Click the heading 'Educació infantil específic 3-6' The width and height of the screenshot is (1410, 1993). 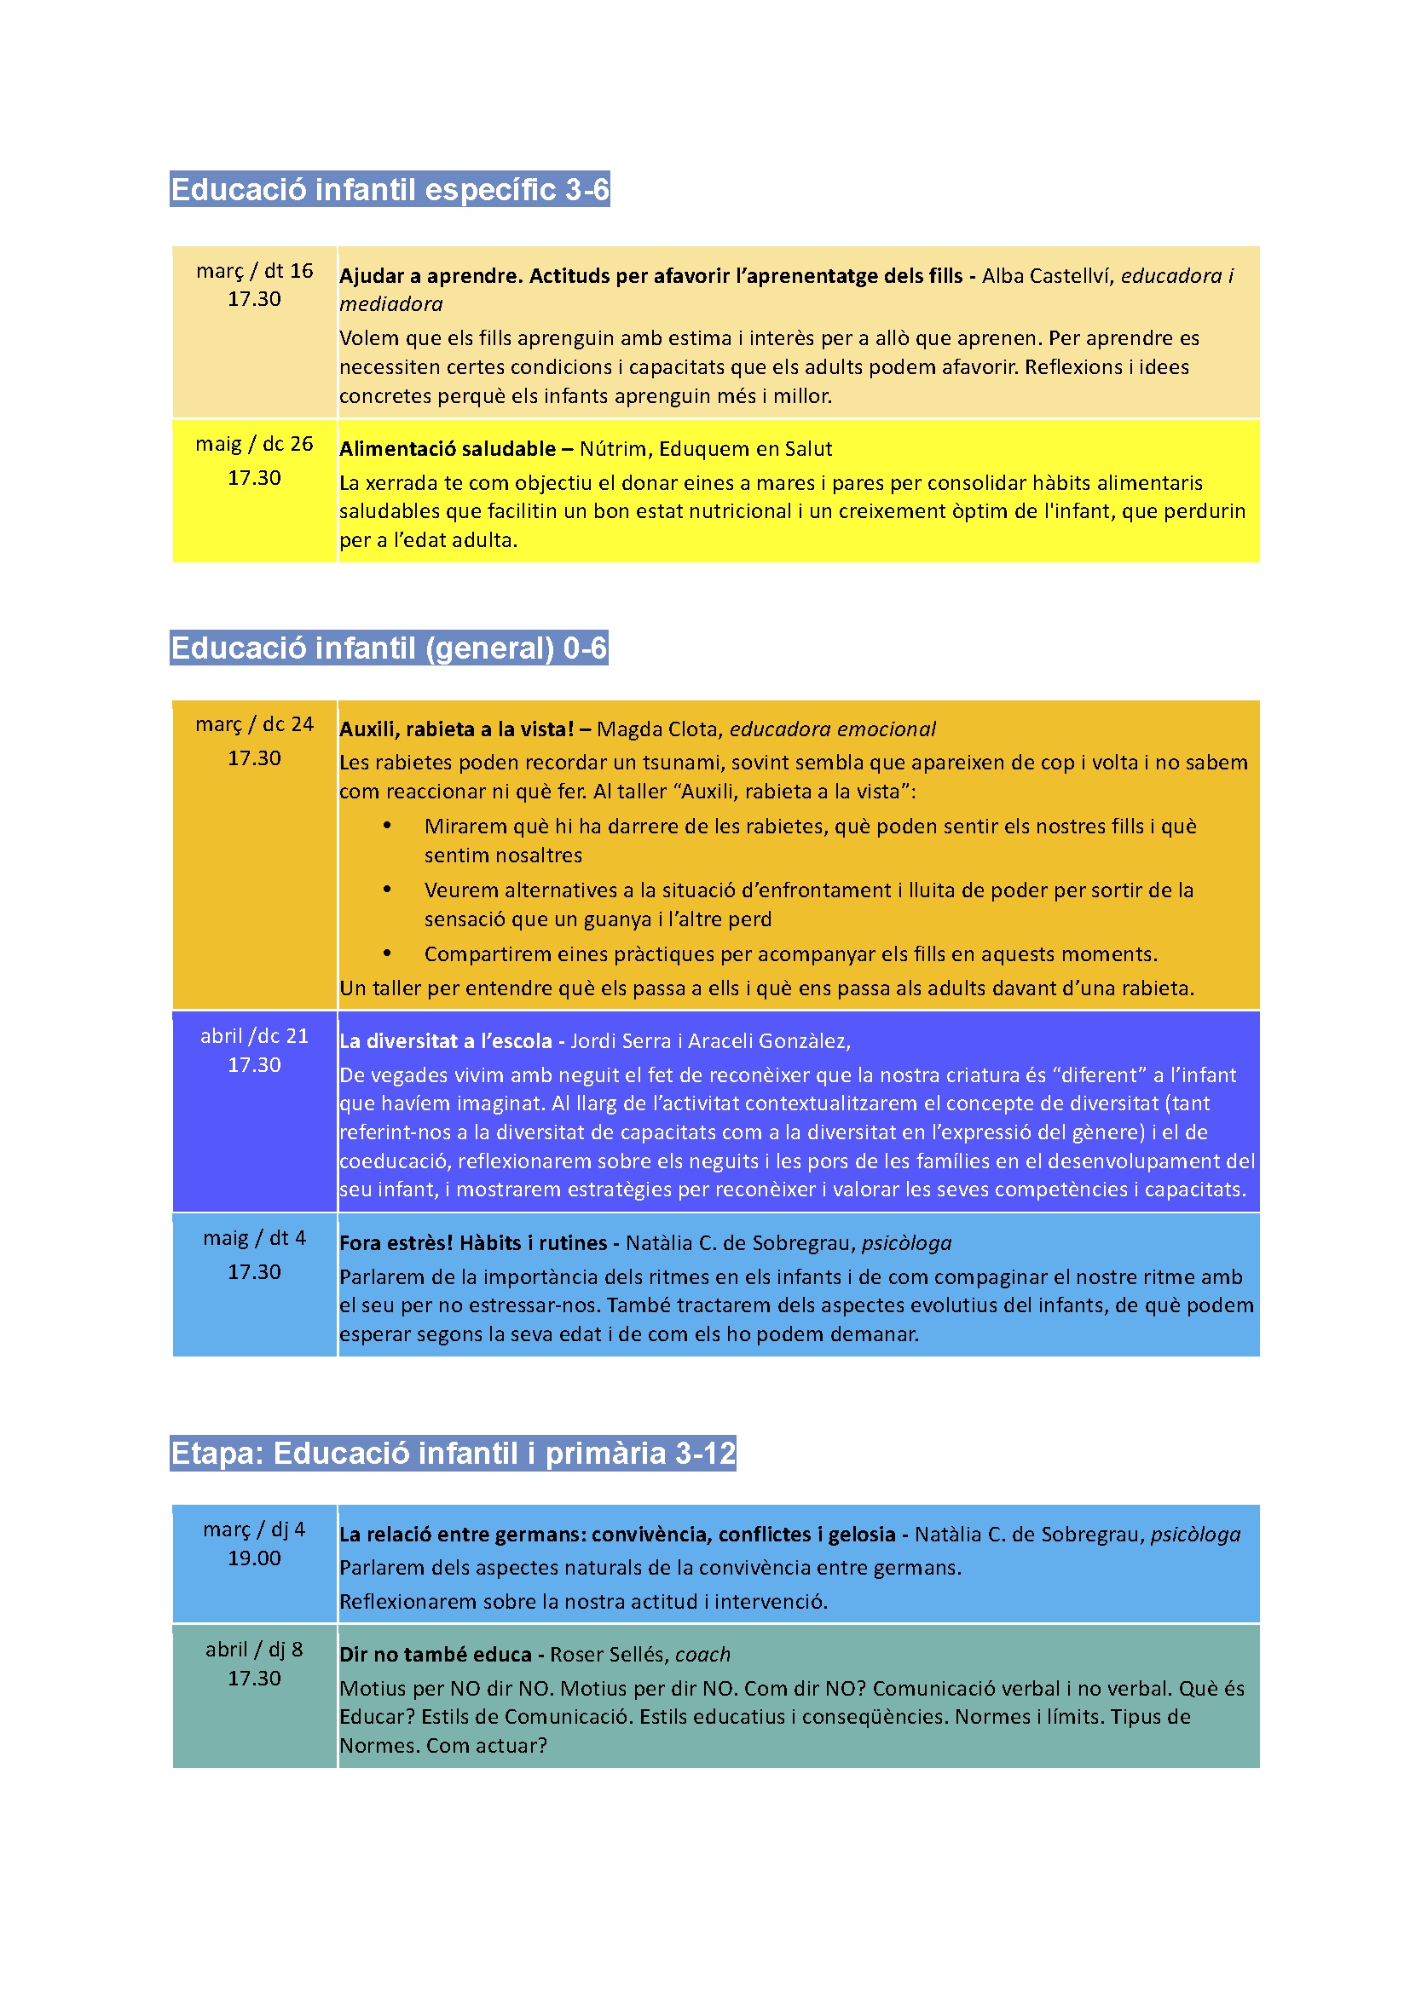point(389,189)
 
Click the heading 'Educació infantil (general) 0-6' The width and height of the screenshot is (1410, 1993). point(388,648)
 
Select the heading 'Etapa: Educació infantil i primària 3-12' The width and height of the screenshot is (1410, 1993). point(453,1452)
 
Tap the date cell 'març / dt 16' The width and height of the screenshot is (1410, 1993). point(254,271)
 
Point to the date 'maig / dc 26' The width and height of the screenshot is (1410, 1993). point(254,444)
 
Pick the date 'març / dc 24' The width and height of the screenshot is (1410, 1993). point(254,724)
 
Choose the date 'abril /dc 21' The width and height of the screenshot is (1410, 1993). point(254,1035)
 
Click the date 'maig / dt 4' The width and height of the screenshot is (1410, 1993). point(254,1238)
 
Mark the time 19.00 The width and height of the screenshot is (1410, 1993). point(254,1558)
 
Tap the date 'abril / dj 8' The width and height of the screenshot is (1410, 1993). point(254,1650)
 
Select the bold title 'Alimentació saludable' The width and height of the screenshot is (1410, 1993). point(448,449)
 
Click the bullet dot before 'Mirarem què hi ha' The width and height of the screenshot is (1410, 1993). point(387,826)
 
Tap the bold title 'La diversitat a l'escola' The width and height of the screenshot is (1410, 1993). point(445,1040)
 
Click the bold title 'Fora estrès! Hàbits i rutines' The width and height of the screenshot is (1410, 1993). point(473,1243)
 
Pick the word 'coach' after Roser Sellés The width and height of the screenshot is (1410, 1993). point(702,1655)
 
